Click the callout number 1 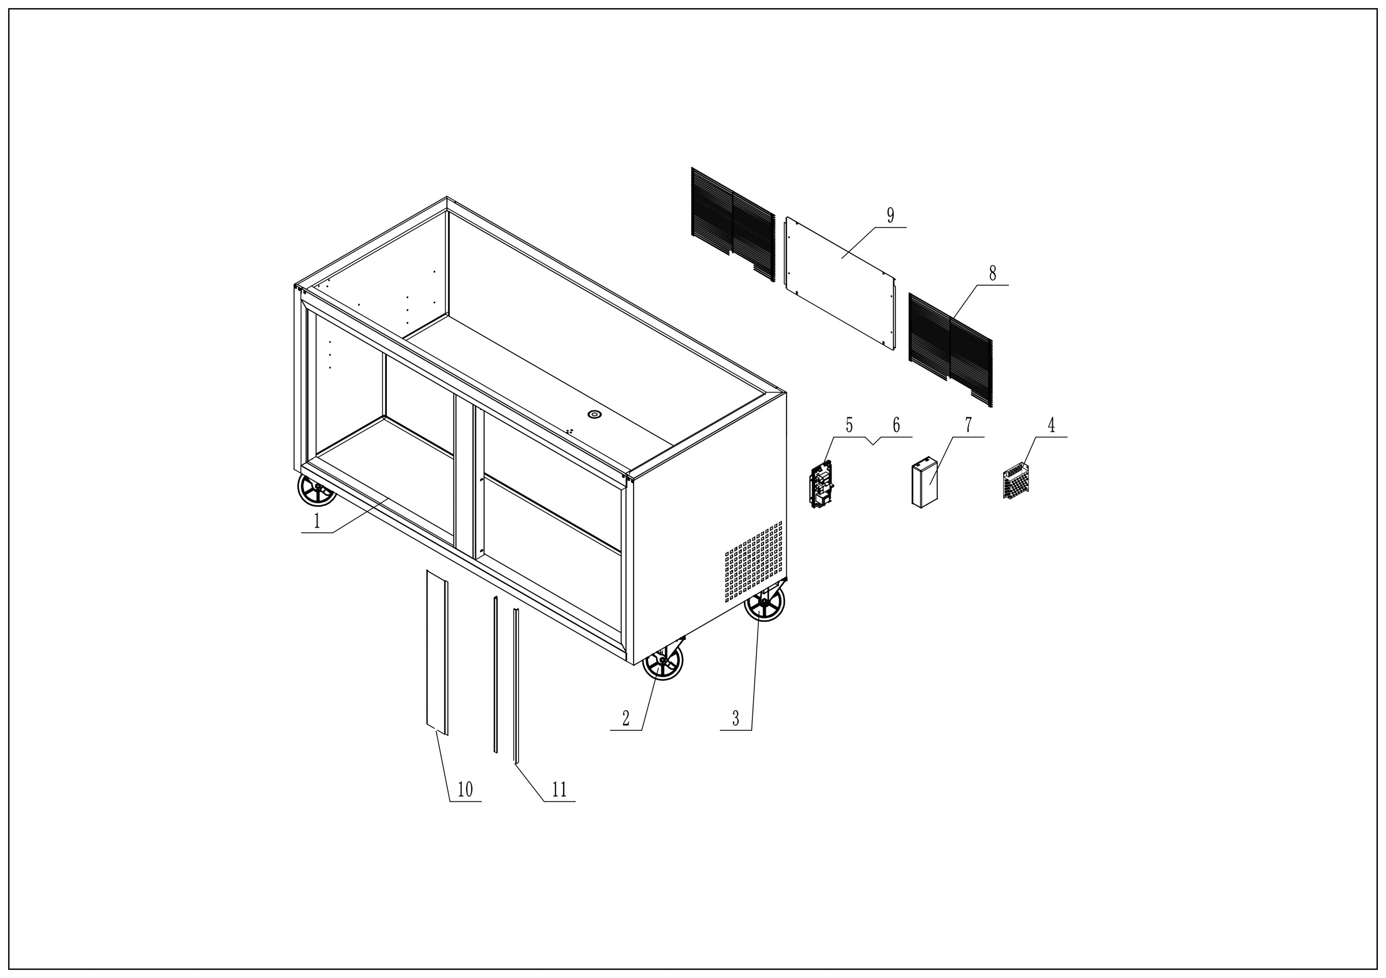[316, 520]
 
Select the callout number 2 [626, 718]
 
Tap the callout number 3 [735, 718]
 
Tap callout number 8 [992, 273]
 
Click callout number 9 [891, 215]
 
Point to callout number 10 [465, 789]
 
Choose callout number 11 [559, 789]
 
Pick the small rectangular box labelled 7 [924, 482]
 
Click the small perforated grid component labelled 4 [1016, 481]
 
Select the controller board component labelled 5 [822, 484]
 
